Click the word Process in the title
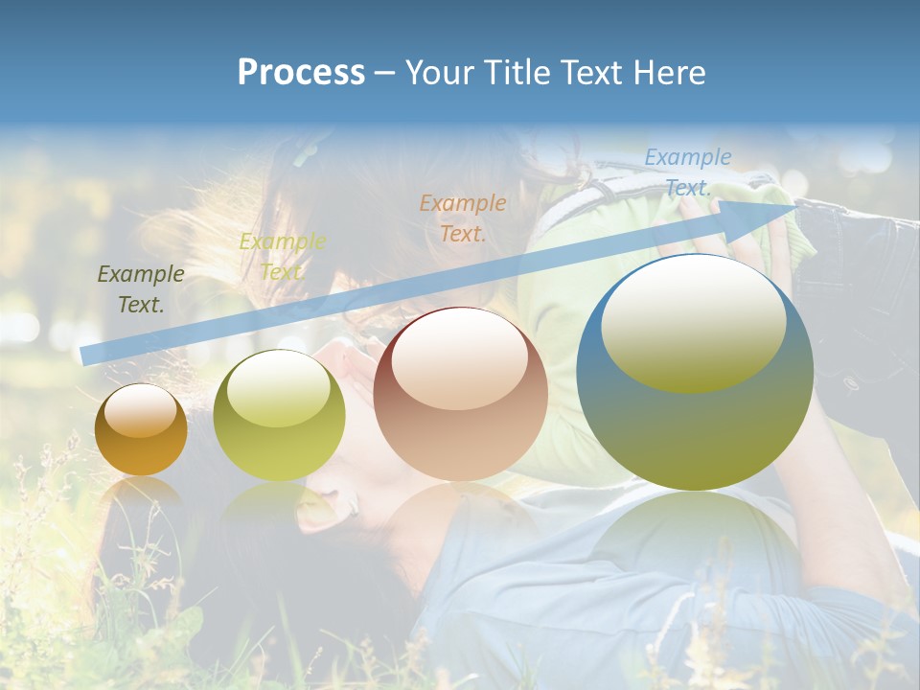301,73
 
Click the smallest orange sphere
141,430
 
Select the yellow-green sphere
279,416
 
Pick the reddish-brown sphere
461,395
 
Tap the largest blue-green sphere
695,372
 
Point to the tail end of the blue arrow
86,355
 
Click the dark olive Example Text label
141,289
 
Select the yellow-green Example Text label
283,256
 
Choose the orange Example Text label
463,218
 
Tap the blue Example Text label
688,172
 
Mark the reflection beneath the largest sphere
695,537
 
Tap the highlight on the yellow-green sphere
278,388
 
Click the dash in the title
385,73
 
